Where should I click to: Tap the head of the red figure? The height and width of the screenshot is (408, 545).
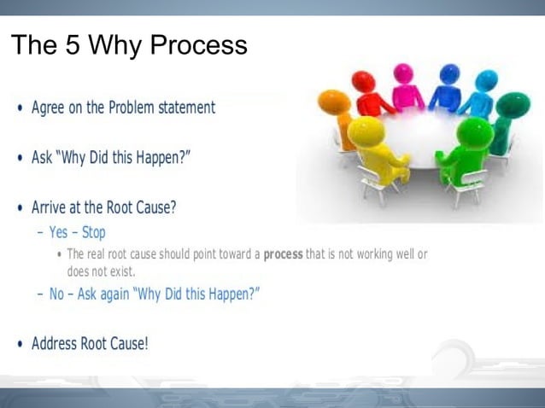pos(364,82)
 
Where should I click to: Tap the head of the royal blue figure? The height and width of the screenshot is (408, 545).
pos(447,75)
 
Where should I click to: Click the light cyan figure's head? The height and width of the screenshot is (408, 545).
pos(486,81)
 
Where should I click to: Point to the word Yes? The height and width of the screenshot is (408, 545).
pos(58,232)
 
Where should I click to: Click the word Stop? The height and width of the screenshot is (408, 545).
pos(94,232)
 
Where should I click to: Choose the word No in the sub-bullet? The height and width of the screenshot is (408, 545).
pos(57,294)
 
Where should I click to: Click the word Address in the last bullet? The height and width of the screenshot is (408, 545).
pos(55,344)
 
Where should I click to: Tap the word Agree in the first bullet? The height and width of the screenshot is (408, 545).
pos(49,108)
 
